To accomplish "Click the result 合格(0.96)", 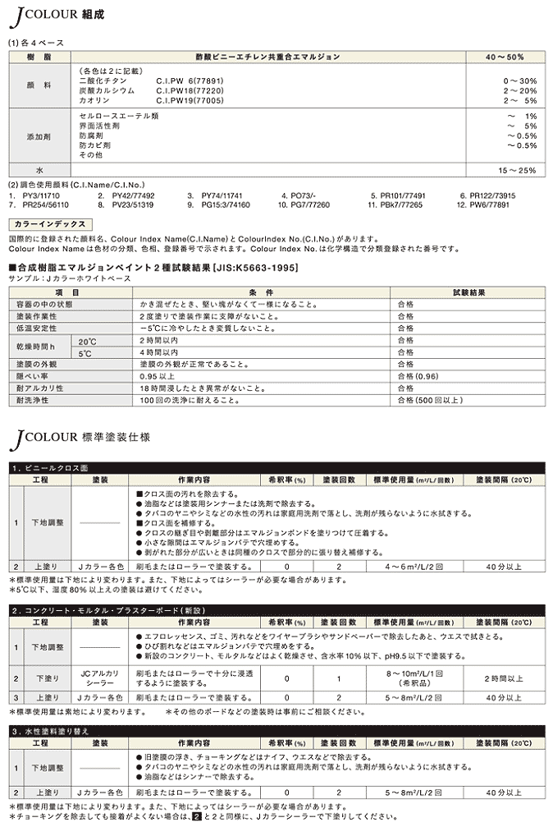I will pos(418,375).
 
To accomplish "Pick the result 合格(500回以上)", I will pos(430,400).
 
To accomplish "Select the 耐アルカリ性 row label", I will pos(41,388).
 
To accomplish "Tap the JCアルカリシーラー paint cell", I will pos(100,678).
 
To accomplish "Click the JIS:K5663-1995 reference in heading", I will pos(255,268).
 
